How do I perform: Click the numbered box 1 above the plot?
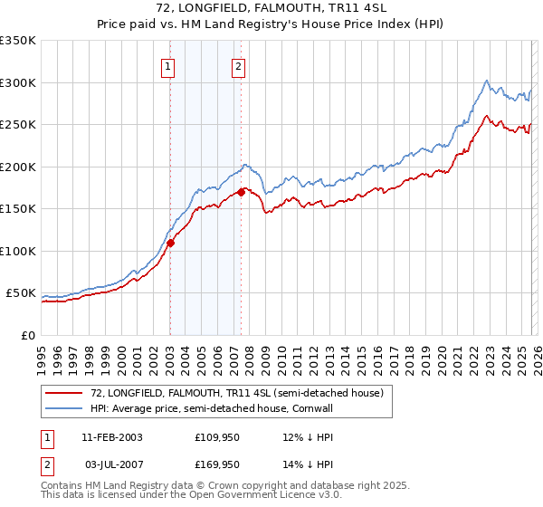tap(169, 65)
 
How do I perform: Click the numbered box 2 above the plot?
tap(238, 65)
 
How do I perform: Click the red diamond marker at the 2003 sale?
tap(170, 243)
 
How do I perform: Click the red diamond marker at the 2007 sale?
tap(242, 192)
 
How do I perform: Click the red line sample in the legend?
tap(65, 393)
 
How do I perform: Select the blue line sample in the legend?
tap(65, 408)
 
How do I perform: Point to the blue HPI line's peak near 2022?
tap(487, 81)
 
